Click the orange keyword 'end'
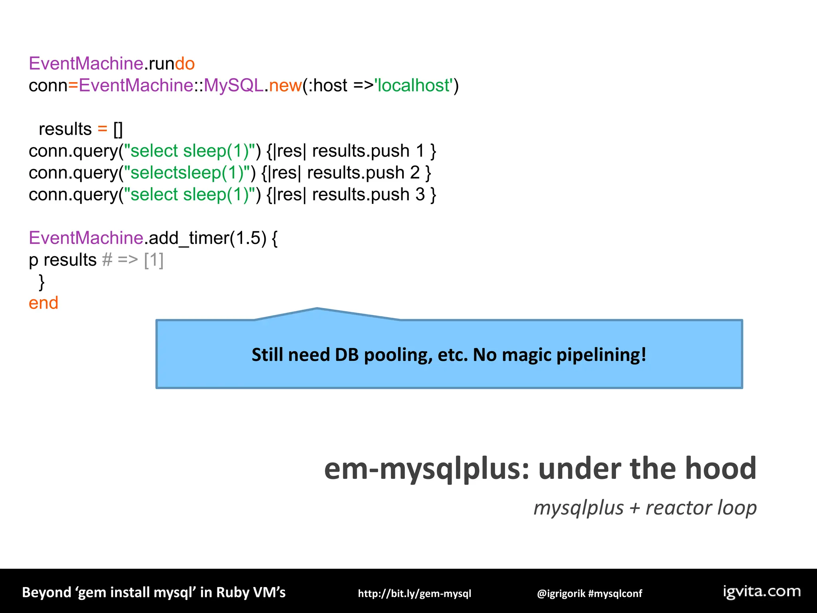43,303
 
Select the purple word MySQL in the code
233,85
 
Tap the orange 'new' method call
285,85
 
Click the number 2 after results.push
415,173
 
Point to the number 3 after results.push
420,195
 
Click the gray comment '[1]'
154,260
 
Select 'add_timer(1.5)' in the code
207,238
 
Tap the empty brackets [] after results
118,129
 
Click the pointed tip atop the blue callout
317,309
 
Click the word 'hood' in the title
720,468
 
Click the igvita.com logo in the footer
762,591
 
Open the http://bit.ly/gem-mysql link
414,593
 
